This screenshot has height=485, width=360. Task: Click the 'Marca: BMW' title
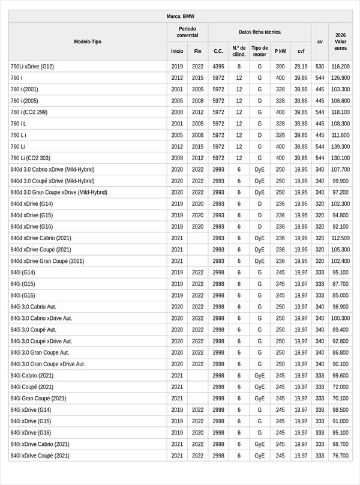[x=180, y=16]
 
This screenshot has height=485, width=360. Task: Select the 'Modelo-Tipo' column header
[x=88, y=41]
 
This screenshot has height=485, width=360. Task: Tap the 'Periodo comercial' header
[x=187, y=32]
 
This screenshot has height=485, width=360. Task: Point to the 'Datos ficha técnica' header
[x=259, y=32]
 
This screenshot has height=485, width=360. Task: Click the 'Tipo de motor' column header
[x=260, y=51]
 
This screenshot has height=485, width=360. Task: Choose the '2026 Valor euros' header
[x=340, y=41]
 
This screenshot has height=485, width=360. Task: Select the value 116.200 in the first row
[x=340, y=67]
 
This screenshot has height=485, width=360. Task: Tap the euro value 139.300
[x=340, y=146]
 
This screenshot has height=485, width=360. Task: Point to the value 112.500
[x=340, y=238]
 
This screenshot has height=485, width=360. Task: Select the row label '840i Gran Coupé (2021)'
[x=38, y=399]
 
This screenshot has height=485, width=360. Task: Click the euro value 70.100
[x=340, y=399]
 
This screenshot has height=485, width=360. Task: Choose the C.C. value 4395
[x=218, y=67]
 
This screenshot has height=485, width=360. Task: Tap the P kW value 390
[x=280, y=67]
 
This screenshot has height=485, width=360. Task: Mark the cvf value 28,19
[x=301, y=67]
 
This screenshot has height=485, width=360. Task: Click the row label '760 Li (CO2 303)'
[x=31, y=158]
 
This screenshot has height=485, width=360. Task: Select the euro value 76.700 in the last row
[x=340, y=456]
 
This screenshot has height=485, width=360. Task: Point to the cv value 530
[x=320, y=67]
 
